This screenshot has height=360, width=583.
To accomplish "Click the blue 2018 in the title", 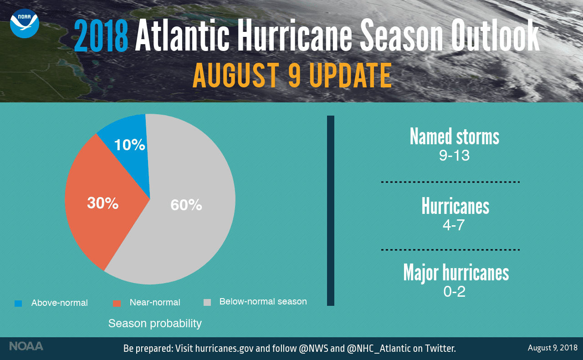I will tap(101, 36).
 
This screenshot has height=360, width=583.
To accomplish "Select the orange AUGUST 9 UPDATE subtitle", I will tap(292, 76).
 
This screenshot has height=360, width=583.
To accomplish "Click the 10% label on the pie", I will tap(129, 145).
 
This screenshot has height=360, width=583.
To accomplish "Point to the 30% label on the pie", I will tap(102, 203).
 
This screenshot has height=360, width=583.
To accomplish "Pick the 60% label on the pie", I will tap(186, 205).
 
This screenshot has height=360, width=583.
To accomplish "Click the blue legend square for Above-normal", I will tap(19, 303).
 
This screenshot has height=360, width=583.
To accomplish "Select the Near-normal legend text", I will tap(155, 303).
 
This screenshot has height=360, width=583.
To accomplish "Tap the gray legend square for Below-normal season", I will tap(207, 302).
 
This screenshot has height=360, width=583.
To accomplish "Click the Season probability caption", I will tap(155, 324).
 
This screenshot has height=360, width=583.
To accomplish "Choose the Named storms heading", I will tap(455, 137).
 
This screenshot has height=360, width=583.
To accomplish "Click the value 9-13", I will tap(454, 156).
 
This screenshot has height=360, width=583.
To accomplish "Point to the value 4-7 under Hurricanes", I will tap(454, 225).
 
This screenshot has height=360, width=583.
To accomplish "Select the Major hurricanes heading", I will tap(456, 273).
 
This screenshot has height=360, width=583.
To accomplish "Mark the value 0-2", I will tap(455, 292).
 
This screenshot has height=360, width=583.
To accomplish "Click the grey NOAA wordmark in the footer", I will tap(26, 346).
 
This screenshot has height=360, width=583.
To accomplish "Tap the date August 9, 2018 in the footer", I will tap(552, 348).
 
